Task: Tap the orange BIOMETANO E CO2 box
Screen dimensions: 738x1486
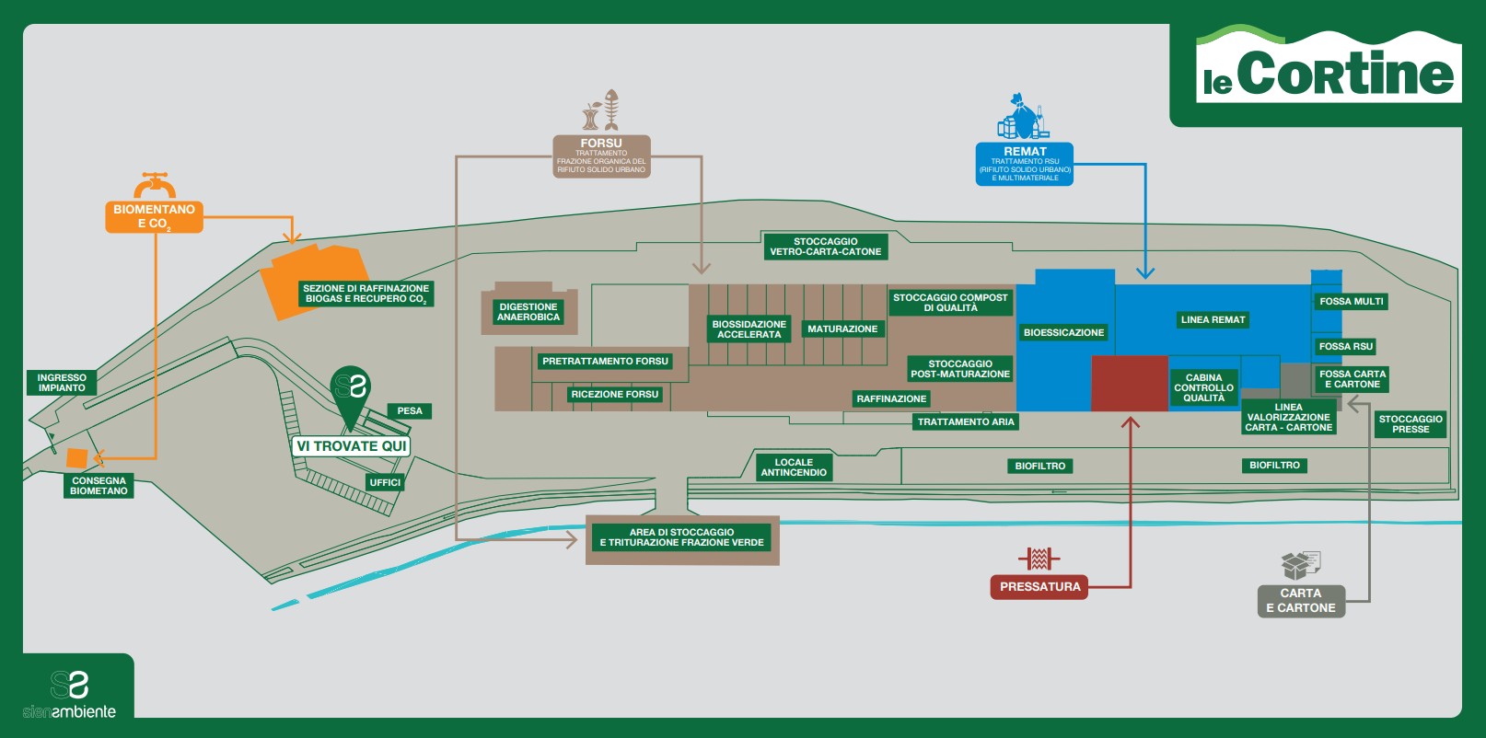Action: (154, 216)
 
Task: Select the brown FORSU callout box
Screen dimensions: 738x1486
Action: (601, 156)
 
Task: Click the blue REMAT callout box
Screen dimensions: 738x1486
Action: (1025, 164)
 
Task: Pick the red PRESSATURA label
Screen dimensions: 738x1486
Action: (1039, 587)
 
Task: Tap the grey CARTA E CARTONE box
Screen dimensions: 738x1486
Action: (1300, 601)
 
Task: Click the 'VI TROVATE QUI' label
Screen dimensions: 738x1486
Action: (351, 446)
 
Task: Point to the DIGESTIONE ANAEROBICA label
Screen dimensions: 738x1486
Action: (528, 312)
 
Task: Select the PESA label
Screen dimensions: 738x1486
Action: (410, 411)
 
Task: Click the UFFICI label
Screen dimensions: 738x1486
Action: (385, 482)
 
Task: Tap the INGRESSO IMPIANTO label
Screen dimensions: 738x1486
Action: (62, 383)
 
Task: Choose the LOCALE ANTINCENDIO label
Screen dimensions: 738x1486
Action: (794, 467)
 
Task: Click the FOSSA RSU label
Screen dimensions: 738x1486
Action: (1345, 347)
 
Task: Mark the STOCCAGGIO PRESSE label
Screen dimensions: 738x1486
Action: (1411, 424)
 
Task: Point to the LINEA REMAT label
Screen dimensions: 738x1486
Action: (1213, 320)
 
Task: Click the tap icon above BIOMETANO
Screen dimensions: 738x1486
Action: (154, 185)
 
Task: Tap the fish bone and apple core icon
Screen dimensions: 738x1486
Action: (601, 111)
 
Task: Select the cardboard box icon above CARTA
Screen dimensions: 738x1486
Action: (1300, 565)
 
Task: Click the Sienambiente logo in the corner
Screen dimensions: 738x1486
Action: (70, 694)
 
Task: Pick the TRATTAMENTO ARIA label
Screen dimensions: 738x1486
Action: (966, 422)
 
